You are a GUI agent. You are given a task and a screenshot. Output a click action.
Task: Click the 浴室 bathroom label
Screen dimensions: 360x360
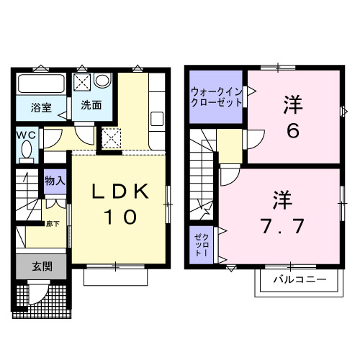[x=41, y=108]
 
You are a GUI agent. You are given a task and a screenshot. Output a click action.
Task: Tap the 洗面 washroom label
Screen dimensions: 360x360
[x=90, y=105]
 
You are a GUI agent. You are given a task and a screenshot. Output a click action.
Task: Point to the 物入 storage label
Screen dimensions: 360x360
[x=55, y=180]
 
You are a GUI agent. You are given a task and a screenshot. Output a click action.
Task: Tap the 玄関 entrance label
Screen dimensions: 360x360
[x=40, y=266]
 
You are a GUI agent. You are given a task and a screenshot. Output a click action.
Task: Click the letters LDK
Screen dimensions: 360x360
[x=120, y=192]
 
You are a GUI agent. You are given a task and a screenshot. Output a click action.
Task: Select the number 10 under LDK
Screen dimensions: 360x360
[x=120, y=217]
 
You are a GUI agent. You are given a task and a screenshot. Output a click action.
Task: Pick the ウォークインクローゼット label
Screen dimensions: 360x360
[x=217, y=96]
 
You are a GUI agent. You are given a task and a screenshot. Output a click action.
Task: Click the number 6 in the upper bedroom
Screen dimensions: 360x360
[x=293, y=132]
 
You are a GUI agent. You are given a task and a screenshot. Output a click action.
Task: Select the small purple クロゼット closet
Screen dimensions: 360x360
[x=202, y=245]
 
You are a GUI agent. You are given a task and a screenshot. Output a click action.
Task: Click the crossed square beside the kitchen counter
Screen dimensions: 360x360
[x=112, y=136]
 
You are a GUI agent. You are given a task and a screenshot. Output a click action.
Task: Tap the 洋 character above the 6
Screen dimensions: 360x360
[x=292, y=103]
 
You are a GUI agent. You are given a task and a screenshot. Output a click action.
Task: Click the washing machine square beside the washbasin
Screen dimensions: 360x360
[x=83, y=80]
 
